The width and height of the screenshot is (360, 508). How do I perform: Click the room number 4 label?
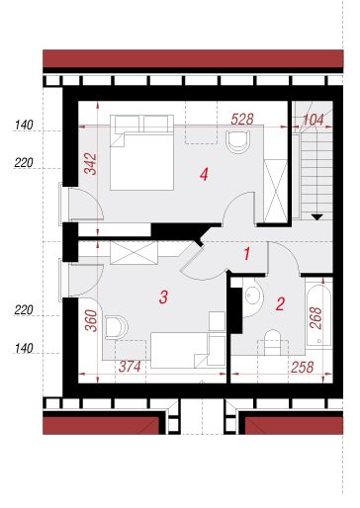[204, 174]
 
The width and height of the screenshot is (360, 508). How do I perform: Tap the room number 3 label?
[164, 297]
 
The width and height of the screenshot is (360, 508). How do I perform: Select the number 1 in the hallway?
[246, 254]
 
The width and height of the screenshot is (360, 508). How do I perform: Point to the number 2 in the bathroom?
[280, 304]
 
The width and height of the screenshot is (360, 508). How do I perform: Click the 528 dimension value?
[242, 120]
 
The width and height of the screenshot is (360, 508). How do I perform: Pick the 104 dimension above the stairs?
[313, 120]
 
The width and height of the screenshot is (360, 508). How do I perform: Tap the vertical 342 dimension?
[90, 164]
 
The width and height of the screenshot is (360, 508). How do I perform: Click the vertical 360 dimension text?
[91, 320]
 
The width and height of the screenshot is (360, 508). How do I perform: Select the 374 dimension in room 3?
[130, 367]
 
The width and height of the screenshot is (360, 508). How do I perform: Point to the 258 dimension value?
[302, 368]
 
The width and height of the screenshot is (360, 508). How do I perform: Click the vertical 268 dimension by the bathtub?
[315, 318]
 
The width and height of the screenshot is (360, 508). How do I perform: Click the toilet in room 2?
[272, 343]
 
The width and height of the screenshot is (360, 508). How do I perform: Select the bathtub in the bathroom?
[318, 315]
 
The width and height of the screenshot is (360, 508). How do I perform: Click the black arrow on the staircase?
[317, 217]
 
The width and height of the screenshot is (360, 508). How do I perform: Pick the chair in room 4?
[237, 141]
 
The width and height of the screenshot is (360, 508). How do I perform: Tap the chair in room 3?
[117, 328]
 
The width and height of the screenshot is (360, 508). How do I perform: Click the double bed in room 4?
[141, 152]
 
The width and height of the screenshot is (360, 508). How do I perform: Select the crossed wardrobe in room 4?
[276, 191]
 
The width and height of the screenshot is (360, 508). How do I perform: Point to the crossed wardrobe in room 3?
[134, 253]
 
